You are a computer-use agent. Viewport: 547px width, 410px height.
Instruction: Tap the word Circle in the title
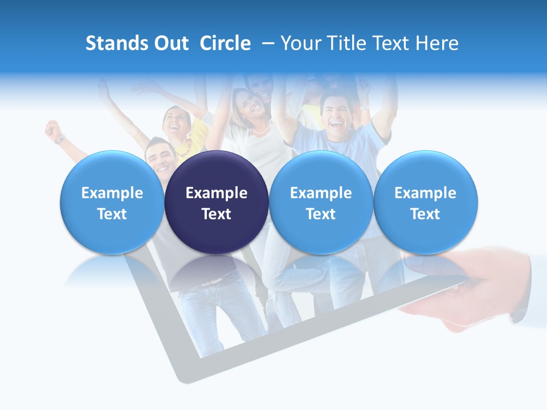click(x=225, y=43)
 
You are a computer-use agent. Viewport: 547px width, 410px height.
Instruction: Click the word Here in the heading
click(x=436, y=43)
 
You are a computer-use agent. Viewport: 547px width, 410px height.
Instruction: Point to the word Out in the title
click(x=169, y=43)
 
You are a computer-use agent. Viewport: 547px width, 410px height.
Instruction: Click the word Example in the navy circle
click(x=217, y=193)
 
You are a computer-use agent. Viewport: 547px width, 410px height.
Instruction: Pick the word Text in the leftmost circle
click(x=112, y=214)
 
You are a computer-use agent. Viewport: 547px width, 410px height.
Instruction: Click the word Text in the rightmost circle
click(x=425, y=214)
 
